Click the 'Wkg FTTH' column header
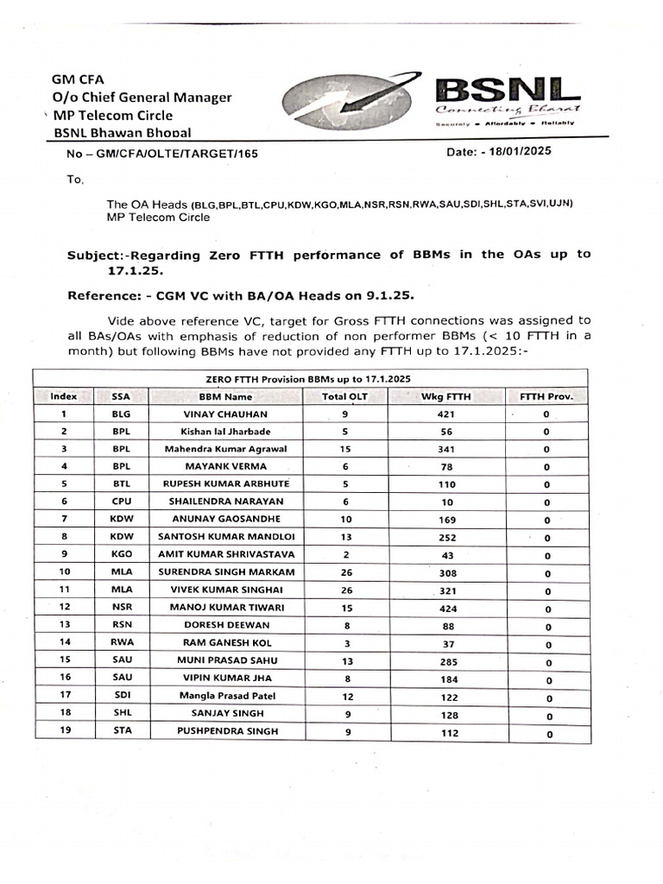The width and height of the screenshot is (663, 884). pyautogui.click(x=446, y=396)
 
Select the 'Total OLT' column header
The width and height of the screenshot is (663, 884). pyautogui.click(x=345, y=396)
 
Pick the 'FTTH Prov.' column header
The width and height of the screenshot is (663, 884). pyautogui.click(x=546, y=396)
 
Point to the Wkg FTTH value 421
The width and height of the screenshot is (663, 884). pyautogui.click(x=446, y=414)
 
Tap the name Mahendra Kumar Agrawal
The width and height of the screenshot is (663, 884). pyautogui.click(x=226, y=449)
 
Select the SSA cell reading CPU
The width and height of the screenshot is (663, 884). pyautogui.click(x=120, y=501)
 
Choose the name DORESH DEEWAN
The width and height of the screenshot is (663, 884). pyautogui.click(x=226, y=624)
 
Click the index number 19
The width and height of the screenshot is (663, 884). pyautogui.click(x=64, y=730)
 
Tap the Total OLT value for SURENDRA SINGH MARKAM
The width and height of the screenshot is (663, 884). pyautogui.click(x=345, y=571)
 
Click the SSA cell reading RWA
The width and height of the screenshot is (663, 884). pyautogui.click(x=120, y=642)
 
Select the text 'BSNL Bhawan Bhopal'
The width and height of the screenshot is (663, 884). pyautogui.click(x=123, y=132)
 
